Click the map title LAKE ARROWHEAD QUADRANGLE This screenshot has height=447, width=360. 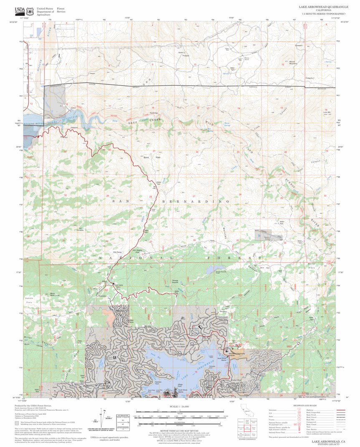(x=321, y=7)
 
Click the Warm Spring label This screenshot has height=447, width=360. (x=227, y=123)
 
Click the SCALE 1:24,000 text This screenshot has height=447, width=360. (x=178, y=406)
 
